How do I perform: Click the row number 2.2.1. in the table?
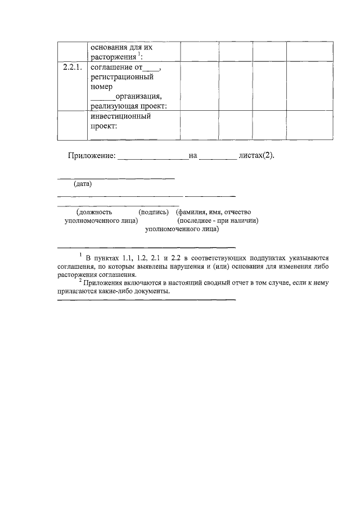point(72,68)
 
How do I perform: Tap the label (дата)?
point(83,184)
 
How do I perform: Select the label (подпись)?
point(154,213)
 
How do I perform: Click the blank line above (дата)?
point(116,178)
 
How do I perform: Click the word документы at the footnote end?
point(151,291)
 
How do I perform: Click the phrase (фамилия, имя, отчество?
point(213,213)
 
